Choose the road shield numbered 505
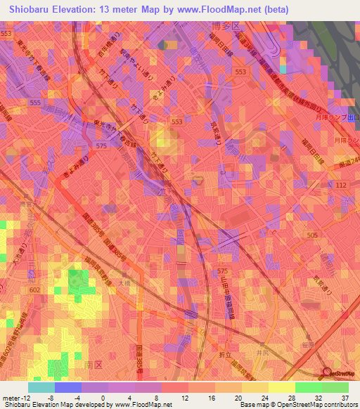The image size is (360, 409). tap(312, 235)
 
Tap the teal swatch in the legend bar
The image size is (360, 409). tap(41, 387)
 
